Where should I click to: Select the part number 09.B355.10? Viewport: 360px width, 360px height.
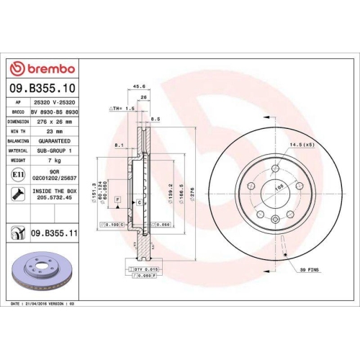45,88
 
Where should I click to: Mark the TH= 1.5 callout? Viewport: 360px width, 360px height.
122,107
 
